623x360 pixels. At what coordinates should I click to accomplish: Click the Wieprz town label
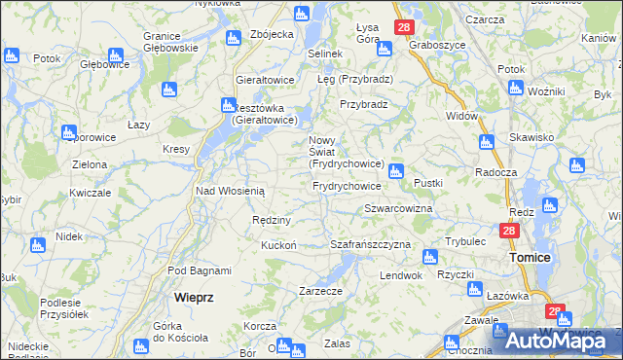pyautogui.click(x=194, y=296)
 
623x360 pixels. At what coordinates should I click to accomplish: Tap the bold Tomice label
pyautogui.click(x=531, y=257)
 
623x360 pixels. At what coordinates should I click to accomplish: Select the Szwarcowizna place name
pyautogui.click(x=398, y=209)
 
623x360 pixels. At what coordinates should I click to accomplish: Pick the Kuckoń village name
pyautogui.click(x=278, y=245)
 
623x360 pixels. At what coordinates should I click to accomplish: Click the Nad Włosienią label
pyautogui.click(x=231, y=192)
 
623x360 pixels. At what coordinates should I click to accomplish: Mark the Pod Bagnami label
pyautogui.click(x=199, y=270)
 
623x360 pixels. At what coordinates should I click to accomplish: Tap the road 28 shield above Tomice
pyautogui.click(x=508, y=232)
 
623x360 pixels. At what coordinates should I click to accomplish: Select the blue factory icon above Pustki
pyautogui.click(x=395, y=171)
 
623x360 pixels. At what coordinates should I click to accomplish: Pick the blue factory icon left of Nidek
pyautogui.click(x=37, y=244)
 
